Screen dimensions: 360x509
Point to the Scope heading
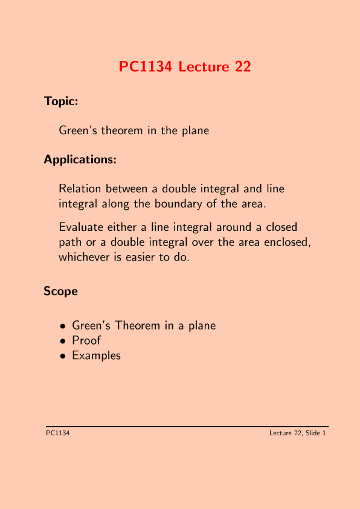click(60, 291)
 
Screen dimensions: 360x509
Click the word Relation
click(80, 189)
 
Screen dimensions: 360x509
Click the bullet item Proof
click(86, 340)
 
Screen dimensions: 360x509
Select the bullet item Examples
click(96, 355)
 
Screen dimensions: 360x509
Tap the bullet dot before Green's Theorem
click(63, 326)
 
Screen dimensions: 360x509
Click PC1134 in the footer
click(57, 433)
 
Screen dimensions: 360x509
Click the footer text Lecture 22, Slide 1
click(298, 433)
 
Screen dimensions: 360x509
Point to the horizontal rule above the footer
click(187, 426)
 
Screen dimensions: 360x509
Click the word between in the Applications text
click(126, 189)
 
